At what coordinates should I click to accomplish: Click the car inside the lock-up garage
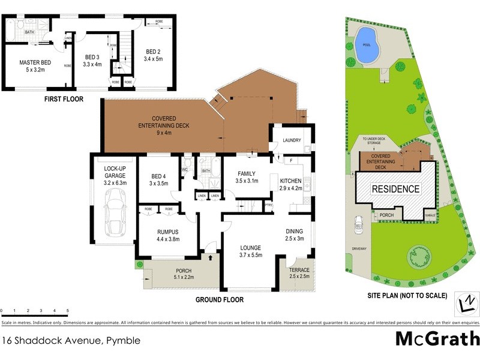114,210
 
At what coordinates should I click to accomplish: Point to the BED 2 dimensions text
153,59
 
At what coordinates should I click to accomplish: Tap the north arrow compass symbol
466,304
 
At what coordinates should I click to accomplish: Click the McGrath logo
437,338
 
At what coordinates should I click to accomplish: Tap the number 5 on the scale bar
67,311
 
